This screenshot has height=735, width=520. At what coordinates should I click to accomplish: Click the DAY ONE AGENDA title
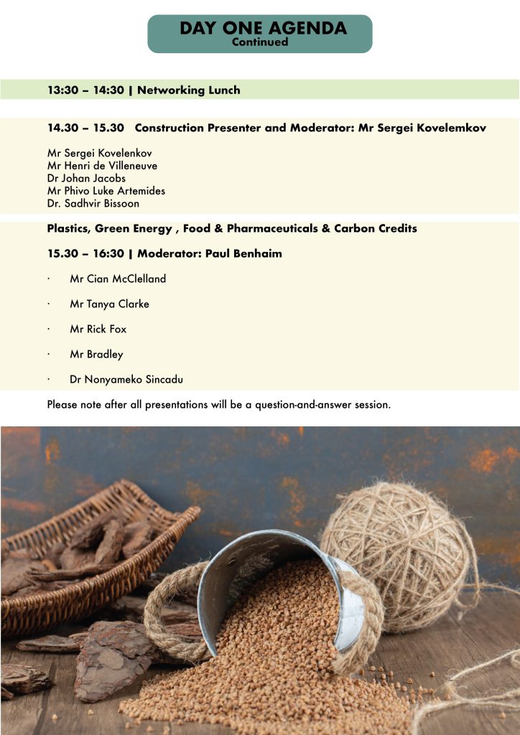(262, 28)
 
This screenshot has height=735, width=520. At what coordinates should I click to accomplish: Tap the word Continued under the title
(259, 42)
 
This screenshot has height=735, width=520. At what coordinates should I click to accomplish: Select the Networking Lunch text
(188, 90)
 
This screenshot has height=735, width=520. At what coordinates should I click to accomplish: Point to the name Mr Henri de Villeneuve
(102, 166)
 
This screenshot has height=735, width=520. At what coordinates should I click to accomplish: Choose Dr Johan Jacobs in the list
(86, 178)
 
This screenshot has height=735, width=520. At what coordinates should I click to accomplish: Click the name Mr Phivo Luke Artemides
(106, 191)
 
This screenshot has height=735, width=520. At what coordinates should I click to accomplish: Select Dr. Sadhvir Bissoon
(93, 203)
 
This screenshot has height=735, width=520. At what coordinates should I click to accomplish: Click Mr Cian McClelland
(118, 278)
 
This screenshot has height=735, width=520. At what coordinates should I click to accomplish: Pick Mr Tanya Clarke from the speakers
(109, 304)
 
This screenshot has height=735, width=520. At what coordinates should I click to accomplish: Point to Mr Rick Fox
(98, 329)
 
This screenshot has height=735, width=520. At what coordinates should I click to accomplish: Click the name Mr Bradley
(96, 354)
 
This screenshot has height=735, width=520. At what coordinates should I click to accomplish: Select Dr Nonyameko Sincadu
(131, 379)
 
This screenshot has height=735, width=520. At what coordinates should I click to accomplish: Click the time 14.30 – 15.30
(85, 128)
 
